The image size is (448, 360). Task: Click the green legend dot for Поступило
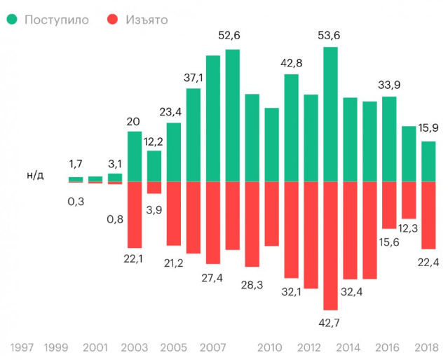(12, 20)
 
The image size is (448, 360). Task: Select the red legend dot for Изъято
(112, 20)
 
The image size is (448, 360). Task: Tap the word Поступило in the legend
(56, 20)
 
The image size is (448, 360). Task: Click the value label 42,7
(330, 322)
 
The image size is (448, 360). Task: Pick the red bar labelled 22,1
(135, 214)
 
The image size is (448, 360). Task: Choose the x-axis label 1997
(22, 347)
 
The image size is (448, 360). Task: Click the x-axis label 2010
(270, 347)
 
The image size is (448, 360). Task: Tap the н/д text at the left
(35, 174)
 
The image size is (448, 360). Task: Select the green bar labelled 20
(135, 156)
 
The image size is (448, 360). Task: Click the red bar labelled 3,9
(154, 187)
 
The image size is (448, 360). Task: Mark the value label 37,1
(194, 76)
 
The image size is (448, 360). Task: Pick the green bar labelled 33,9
(389, 139)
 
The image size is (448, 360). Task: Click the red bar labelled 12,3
(409, 200)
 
